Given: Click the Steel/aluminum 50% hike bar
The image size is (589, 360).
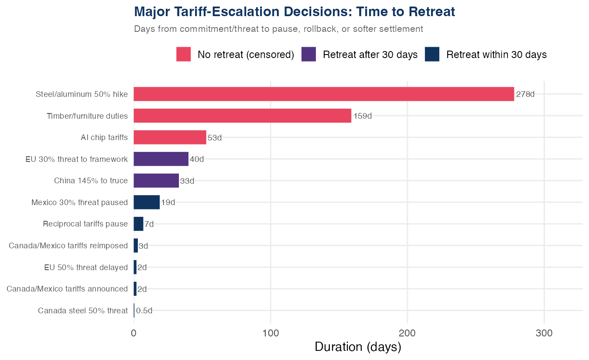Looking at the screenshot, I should (x=324, y=94).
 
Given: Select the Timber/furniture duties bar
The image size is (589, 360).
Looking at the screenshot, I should (x=242, y=116).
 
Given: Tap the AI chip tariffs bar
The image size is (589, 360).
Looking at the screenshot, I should (x=170, y=137).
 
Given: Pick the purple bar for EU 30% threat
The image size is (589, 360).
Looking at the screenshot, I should (x=161, y=159).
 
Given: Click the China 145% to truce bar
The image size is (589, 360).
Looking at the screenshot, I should (x=156, y=181).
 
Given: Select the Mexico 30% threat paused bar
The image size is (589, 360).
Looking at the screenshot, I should (x=147, y=202).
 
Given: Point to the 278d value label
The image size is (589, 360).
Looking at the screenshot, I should (x=525, y=94).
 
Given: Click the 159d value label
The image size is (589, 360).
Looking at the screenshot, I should (x=362, y=116).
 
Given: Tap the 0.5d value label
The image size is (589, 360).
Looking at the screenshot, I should (x=144, y=311).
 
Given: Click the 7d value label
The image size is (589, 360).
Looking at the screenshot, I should (x=149, y=224).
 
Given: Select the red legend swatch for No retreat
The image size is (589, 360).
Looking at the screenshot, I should (x=184, y=55).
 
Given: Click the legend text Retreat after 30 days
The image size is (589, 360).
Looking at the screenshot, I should (x=370, y=55).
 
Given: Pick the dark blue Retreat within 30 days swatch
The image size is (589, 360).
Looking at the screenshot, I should (x=432, y=55).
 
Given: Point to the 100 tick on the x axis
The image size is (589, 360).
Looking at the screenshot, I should (x=271, y=333).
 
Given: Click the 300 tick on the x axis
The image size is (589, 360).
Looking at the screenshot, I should (x=544, y=333).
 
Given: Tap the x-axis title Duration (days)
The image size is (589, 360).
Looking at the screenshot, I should (x=358, y=347).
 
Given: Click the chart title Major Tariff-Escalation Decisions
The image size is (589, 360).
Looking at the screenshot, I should (x=294, y=12).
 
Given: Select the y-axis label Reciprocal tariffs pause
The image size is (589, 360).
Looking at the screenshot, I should (x=85, y=224).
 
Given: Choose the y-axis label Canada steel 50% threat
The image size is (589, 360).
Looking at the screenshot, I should (x=82, y=311).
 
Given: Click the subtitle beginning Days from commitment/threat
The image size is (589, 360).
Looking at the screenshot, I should (x=278, y=29).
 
